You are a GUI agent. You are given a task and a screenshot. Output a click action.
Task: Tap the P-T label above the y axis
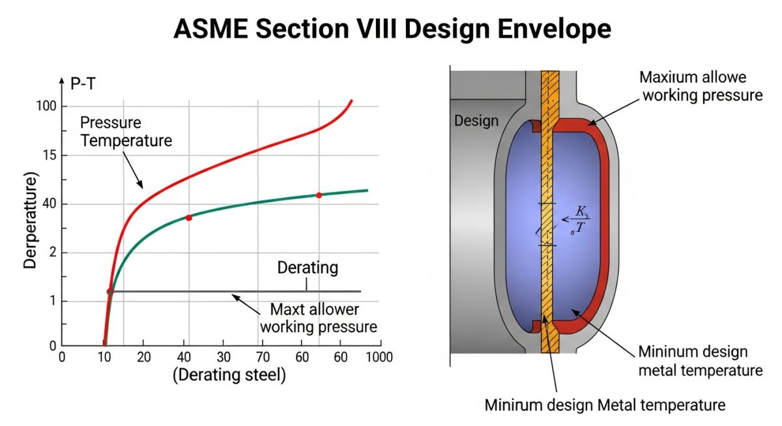click(x=83, y=84)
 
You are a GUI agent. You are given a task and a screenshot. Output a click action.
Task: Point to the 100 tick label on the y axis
click(x=46, y=106)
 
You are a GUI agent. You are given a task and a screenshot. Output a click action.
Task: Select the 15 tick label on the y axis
click(x=50, y=155)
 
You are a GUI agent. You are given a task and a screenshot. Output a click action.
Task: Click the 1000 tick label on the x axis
click(x=379, y=357)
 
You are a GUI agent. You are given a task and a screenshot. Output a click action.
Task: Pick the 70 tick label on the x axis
click(x=263, y=357)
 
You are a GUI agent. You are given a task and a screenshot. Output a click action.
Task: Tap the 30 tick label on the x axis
click(x=224, y=357)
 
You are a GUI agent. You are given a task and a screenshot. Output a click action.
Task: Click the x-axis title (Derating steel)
click(x=229, y=375)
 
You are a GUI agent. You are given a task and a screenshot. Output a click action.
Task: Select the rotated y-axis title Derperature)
click(x=30, y=221)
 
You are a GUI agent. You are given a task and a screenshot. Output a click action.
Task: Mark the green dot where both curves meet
click(x=110, y=292)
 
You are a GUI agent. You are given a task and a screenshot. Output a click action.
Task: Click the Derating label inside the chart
click(x=308, y=268)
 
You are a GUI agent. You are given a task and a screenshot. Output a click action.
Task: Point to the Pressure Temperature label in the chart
click(x=126, y=132)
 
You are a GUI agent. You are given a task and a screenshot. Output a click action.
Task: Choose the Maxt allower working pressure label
click(x=319, y=318)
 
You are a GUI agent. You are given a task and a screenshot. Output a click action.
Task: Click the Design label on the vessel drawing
click(x=476, y=121)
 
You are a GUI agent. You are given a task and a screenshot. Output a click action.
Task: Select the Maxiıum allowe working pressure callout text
click(x=701, y=86)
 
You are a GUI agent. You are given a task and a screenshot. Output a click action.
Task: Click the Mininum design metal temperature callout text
click(x=701, y=361)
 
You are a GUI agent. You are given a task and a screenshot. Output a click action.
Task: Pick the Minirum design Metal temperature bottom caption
click(x=605, y=405)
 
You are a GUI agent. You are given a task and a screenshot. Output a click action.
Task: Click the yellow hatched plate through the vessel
click(x=550, y=212)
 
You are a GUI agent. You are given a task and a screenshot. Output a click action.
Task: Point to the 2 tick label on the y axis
click(x=53, y=253)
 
